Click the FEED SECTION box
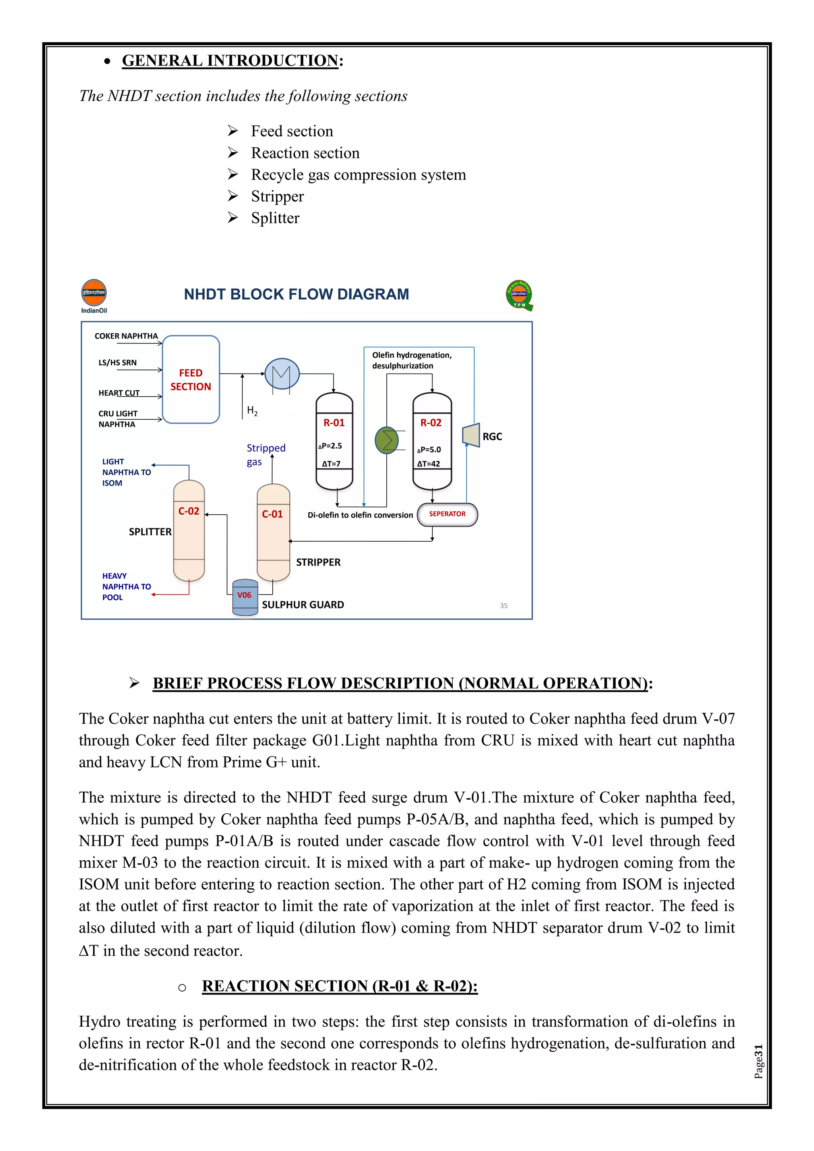191,380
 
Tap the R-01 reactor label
334,422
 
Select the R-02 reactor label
431,422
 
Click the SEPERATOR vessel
447,514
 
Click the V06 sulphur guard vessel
245,597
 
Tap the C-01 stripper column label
272,514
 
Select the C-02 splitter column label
189,512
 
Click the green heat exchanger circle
387,441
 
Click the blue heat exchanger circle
282,374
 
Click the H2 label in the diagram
252,411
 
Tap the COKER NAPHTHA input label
126,336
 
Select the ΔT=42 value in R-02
428,464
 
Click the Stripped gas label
266,455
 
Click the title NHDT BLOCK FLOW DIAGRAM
296,294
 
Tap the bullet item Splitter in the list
275,218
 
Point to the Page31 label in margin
758,1061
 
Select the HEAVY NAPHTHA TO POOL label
126,587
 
